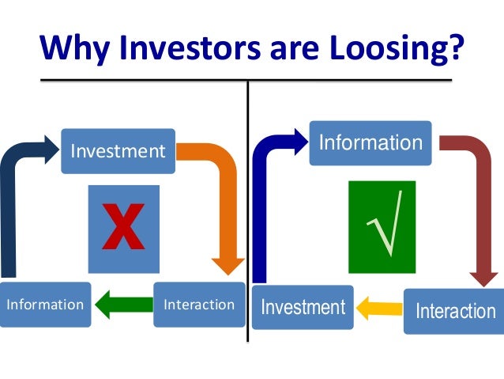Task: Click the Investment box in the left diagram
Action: tap(118, 150)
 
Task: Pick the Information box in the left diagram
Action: tap(45, 304)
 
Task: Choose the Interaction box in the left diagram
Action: tap(198, 304)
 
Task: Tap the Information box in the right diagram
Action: tap(370, 143)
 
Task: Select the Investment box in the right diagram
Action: tap(303, 306)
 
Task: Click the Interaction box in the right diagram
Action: tap(455, 310)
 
